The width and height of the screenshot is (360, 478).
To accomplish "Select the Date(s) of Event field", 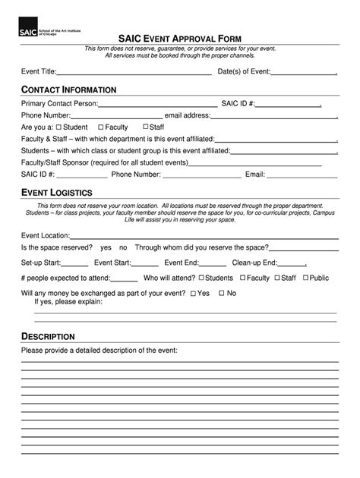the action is (304, 74).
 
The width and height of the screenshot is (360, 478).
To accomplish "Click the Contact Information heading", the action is (68, 90).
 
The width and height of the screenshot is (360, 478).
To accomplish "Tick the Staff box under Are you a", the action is (144, 127).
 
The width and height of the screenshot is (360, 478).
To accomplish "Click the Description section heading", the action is (48, 336).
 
